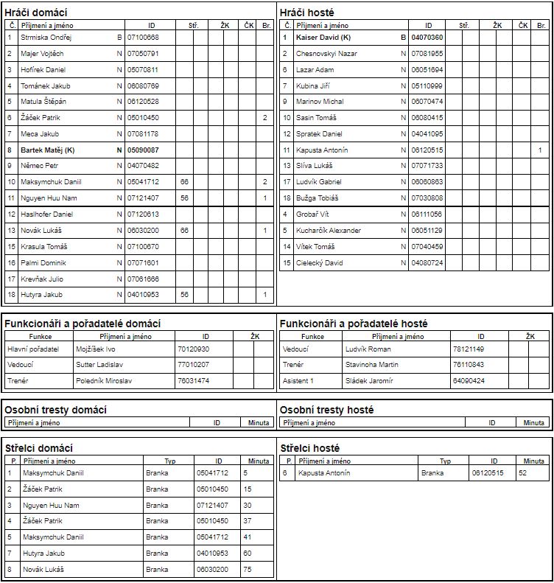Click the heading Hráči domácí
(36, 13)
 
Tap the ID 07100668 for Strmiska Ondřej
(143, 37)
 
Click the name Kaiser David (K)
(323, 37)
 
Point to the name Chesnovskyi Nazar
(326, 54)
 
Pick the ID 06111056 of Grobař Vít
(427, 214)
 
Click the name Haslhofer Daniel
(46, 214)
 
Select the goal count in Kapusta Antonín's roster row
(540, 150)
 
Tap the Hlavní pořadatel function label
(32, 349)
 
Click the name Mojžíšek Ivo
(96, 349)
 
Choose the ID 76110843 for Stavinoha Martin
(469, 365)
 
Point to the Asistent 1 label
(298, 381)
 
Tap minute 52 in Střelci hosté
(522, 473)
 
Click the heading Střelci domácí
(38, 448)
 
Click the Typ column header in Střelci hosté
(445, 461)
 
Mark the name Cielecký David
(320, 263)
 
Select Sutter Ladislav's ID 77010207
(193, 365)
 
